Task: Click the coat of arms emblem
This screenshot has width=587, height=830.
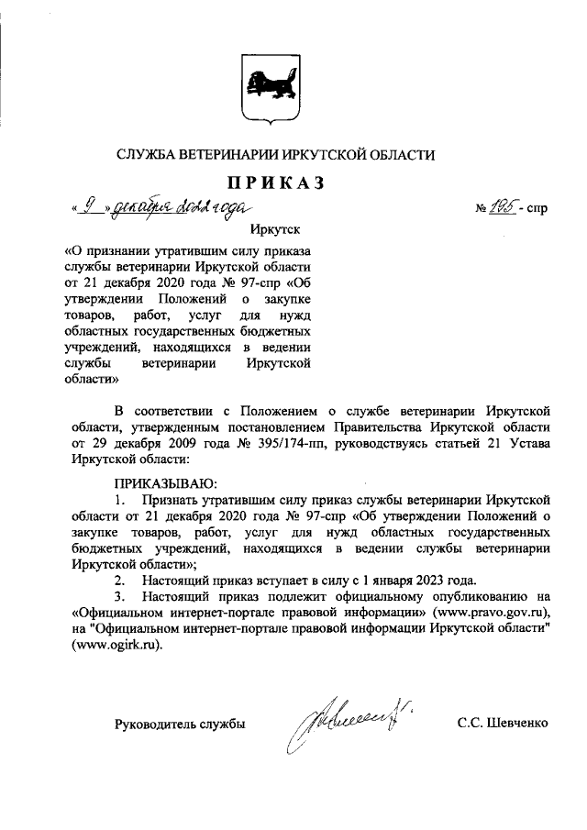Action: click(x=267, y=90)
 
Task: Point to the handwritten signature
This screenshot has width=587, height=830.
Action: click(x=339, y=729)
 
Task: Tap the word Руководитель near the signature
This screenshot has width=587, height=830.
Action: click(x=151, y=724)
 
